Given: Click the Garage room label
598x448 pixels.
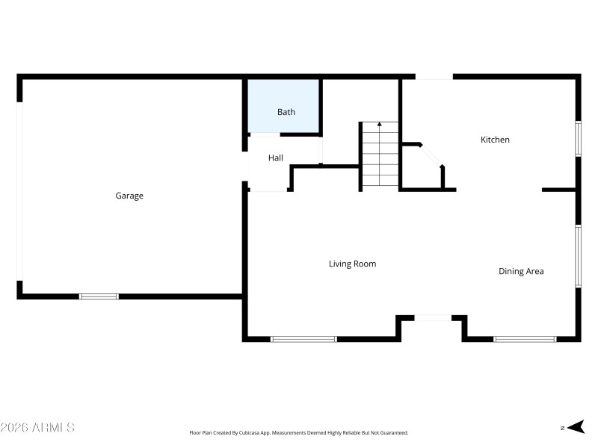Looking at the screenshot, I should pyautogui.click(x=129, y=196).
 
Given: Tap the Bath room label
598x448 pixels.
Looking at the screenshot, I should pyautogui.click(x=286, y=112).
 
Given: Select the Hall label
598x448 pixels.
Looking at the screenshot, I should pyautogui.click(x=276, y=158).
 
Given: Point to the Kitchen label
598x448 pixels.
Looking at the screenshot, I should pyautogui.click(x=495, y=140).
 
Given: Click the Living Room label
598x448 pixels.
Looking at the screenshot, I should pyautogui.click(x=352, y=264).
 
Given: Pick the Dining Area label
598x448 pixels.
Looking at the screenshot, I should pyautogui.click(x=521, y=271).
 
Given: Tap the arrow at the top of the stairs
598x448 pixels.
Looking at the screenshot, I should pyautogui.click(x=380, y=125).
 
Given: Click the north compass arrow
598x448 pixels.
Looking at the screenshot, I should pyautogui.click(x=575, y=427).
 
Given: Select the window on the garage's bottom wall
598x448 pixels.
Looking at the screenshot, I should pyautogui.click(x=99, y=296).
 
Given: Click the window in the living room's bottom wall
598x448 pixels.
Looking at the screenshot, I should pyautogui.click(x=303, y=339).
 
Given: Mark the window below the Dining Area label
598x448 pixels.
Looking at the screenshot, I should pyautogui.click(x=525, y=339).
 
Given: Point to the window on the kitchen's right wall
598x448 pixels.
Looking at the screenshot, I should pyautogui.click(x=578, y=139).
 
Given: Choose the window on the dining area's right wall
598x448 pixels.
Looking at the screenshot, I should pyautogui.click(x=578, y=255).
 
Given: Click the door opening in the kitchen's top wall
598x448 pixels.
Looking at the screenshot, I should pyautogui.click(x=434, y=76).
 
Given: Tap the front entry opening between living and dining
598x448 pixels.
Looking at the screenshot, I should pyautogui.click(x=433, y=318).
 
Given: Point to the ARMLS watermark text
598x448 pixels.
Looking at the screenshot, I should pyautogui.click(x=37, y=428).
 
